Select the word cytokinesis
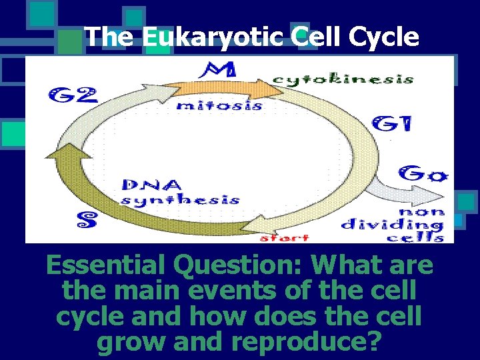click(343, 79)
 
